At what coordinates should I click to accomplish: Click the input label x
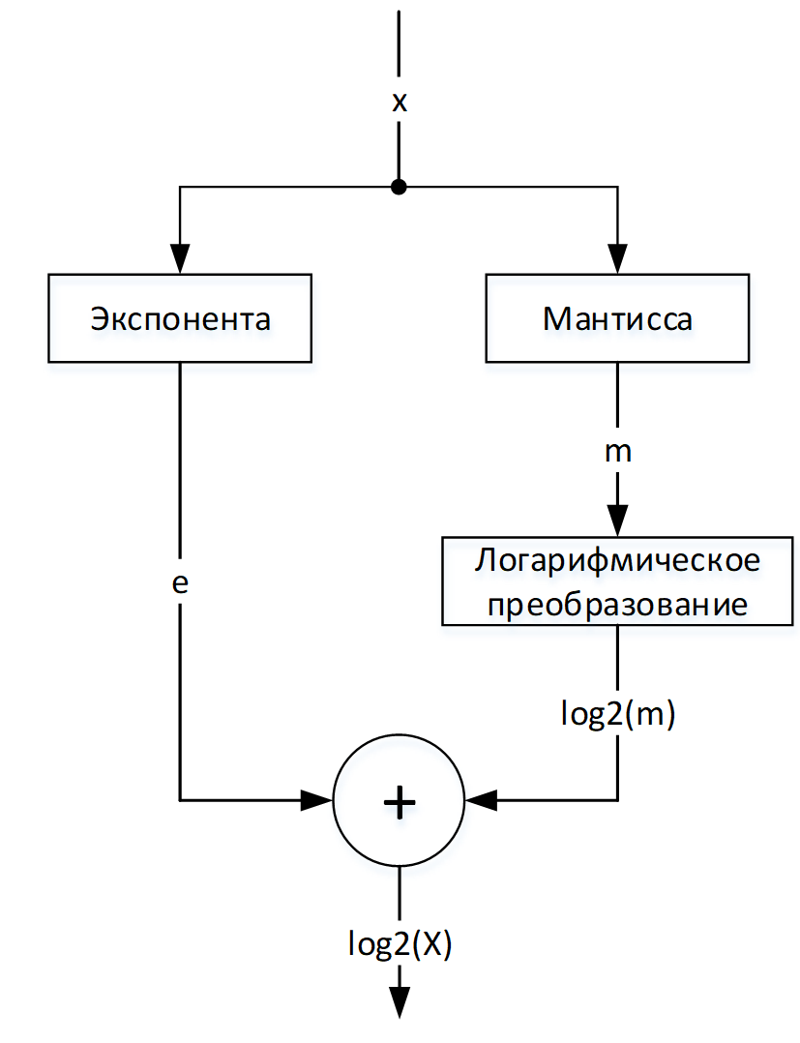coord(399,104)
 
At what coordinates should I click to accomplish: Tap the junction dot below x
coord(399,188)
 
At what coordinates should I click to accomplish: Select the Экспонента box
coord(180,318)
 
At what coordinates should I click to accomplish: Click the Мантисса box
coord(618,318)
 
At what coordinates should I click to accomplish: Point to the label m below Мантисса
coord(618,451)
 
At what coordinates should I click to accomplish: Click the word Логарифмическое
coord(618,562)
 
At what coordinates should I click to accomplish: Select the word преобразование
coord(618,605)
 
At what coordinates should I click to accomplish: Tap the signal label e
coord(179,584)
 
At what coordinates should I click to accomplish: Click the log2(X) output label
coord(399,943)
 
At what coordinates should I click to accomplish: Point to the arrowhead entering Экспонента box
coord(180,257)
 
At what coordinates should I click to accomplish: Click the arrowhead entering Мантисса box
coord(618,257)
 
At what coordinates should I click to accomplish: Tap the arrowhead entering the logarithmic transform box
coord(618,519)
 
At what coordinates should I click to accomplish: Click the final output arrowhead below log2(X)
coord(399,1002)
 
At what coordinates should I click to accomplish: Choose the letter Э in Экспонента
coord(100,319)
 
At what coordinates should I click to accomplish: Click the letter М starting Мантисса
coord(556,319)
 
